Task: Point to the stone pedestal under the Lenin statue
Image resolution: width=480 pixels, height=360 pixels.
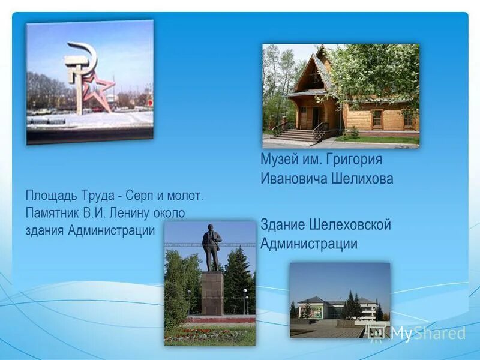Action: click(212, 293)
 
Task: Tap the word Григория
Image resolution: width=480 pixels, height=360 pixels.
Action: click(354, 160)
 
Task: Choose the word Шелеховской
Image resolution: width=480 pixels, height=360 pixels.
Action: click(350, 225)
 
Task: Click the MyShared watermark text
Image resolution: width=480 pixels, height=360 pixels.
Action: click(427, 334)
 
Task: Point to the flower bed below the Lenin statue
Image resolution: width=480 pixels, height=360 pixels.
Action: click(210, 334)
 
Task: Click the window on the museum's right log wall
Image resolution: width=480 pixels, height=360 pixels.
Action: click(377, 119)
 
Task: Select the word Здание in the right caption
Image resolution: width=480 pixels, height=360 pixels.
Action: click(283, 225)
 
